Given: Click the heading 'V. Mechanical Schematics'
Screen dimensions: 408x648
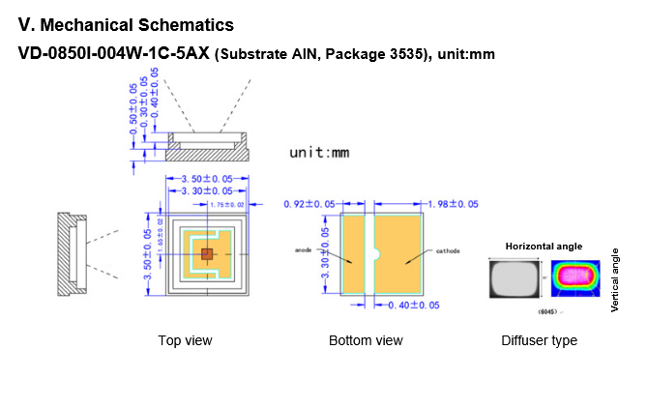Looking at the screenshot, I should point(127,22).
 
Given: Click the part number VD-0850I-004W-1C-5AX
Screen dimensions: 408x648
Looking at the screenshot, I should point(114,53).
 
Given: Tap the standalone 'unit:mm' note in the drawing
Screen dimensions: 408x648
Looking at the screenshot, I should point(318,153).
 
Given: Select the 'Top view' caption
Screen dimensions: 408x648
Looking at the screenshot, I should point(185,340).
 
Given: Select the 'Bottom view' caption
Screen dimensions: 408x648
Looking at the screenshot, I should point(366,340).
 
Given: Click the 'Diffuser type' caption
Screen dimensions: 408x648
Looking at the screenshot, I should point(539,340).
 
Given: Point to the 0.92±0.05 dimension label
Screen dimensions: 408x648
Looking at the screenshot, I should point(309,204).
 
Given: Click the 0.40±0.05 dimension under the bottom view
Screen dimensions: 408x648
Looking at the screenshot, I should point(413,306).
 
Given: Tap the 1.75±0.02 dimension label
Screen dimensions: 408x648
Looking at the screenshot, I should point(228,204).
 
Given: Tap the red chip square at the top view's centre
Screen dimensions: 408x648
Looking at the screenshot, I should point(205,253).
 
